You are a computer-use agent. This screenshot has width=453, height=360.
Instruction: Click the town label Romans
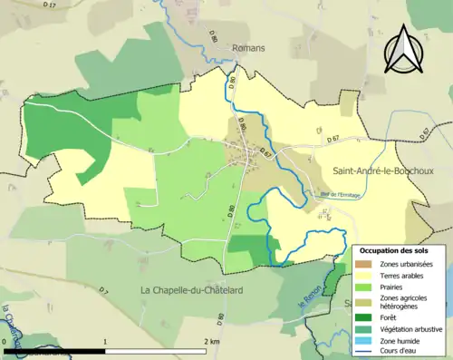coord(246,49)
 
